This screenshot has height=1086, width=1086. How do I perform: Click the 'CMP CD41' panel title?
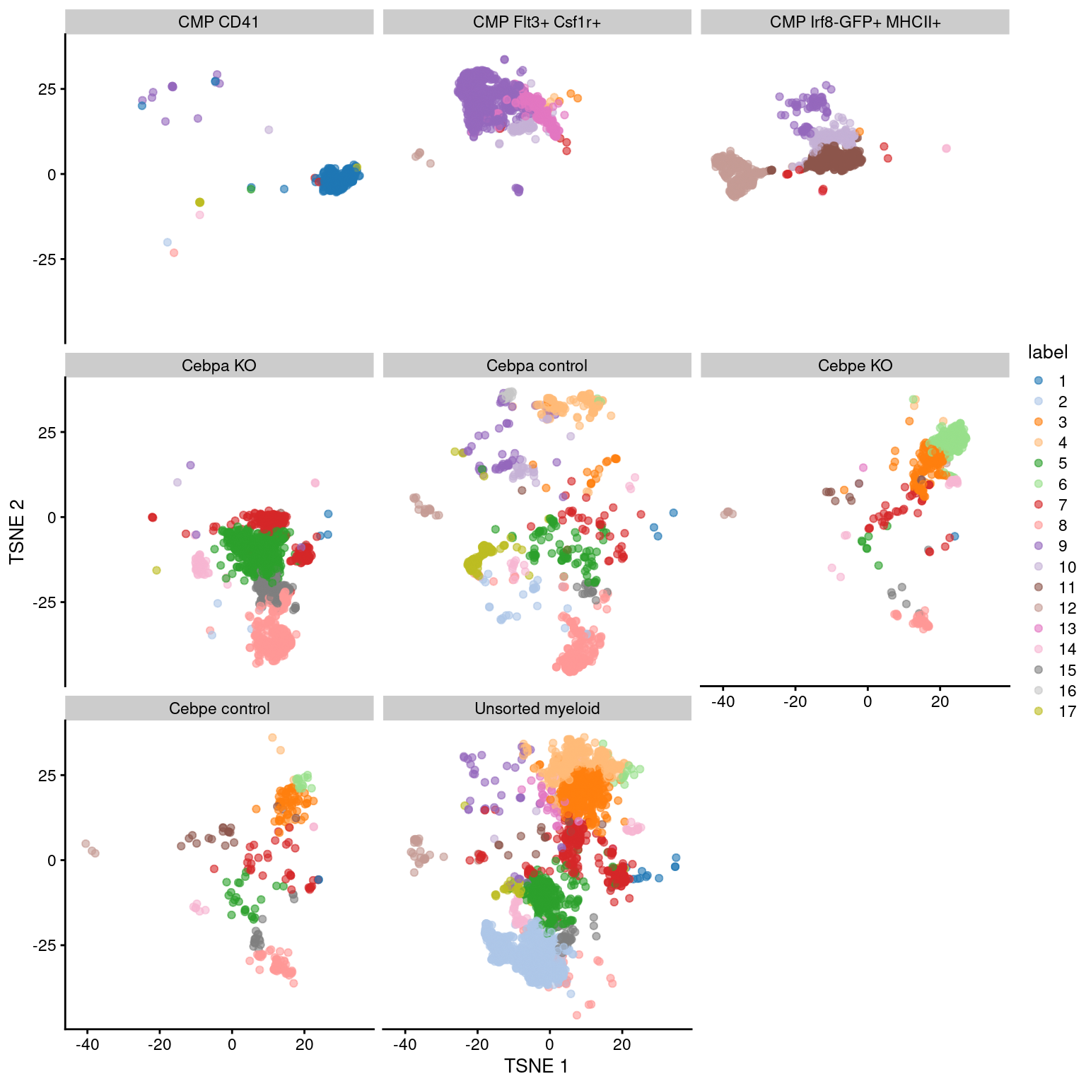218,22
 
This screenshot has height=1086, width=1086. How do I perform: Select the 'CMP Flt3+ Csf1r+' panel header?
537,22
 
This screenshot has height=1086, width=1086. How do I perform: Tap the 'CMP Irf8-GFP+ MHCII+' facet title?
855,22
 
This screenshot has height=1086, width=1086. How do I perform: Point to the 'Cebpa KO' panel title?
218,366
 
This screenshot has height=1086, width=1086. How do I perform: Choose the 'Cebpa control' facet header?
537,366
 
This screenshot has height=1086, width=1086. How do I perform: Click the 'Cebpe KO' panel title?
855,366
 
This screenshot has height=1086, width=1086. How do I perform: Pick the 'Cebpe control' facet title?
218,708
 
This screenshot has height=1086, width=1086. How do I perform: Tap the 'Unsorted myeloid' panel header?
537,708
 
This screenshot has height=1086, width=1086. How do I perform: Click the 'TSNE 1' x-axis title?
536,1065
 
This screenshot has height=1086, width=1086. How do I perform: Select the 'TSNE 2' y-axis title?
17,531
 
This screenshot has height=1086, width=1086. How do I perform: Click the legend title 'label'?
1047,352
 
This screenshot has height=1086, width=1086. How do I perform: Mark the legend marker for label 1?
1038,380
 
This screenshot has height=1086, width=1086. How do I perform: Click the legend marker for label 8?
1038,525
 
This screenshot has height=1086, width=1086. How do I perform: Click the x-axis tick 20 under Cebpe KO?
940,701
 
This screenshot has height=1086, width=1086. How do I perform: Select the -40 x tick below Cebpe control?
87,1044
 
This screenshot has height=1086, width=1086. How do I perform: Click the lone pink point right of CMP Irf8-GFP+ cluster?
946,148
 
